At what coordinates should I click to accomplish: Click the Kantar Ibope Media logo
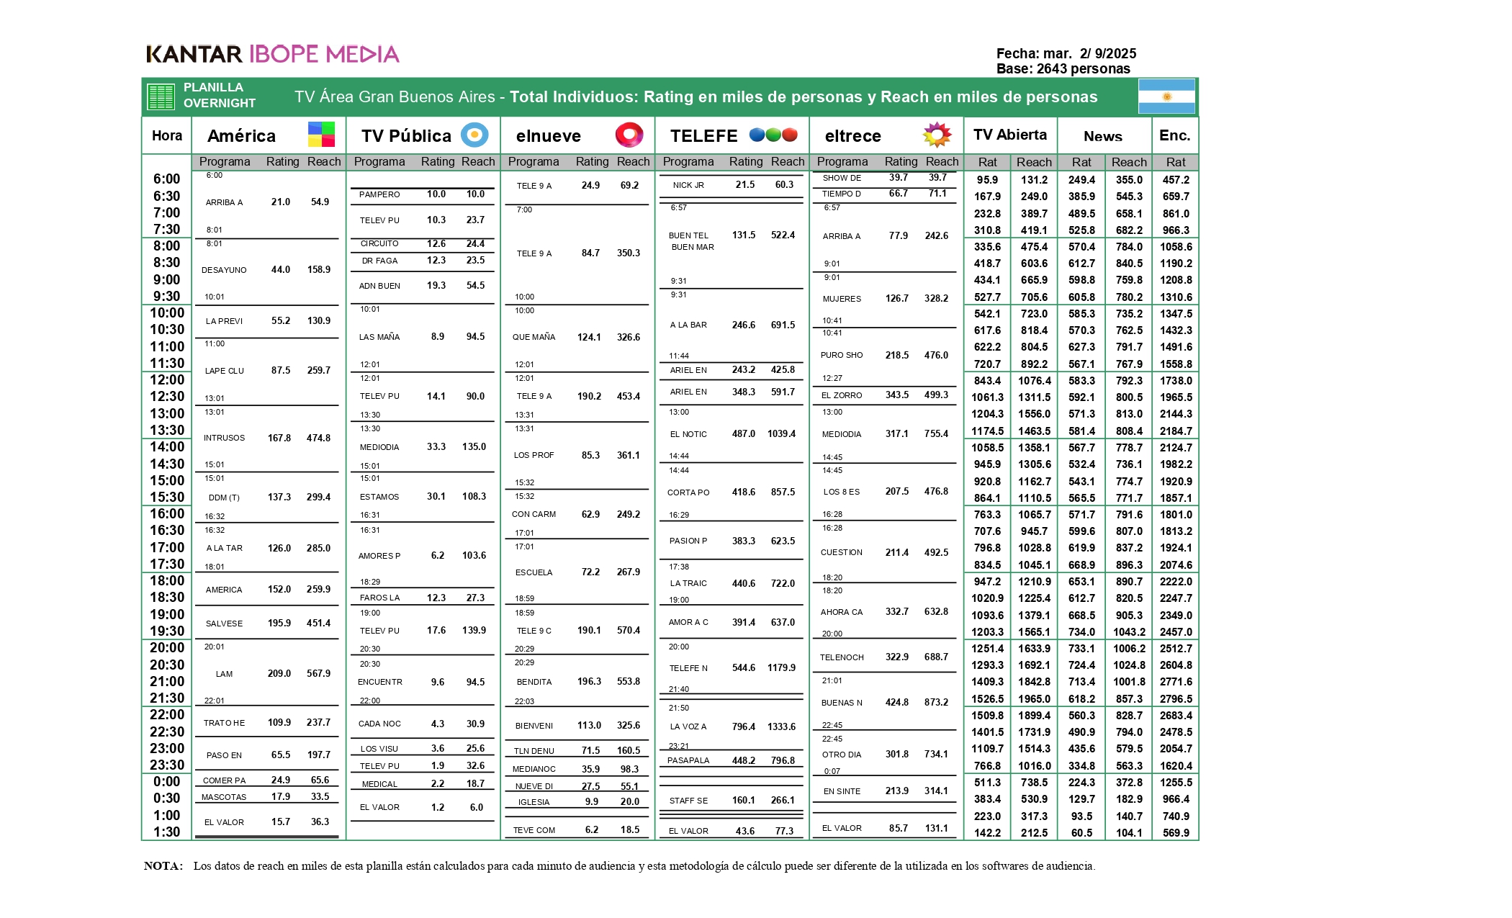tap(272, 54)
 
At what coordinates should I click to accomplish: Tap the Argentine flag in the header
tap(1166, 96)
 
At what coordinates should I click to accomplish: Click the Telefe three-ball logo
tap(773, 135)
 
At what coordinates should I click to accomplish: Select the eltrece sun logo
tap(937, 135)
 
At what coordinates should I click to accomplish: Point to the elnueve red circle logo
tap(629, 135)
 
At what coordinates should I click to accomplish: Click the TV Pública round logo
tap(474, 135)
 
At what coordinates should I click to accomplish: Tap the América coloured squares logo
tap(321, 135)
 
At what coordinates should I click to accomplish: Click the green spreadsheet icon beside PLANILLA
tap(161, 96)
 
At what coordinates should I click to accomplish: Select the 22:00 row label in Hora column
tap(167, 715)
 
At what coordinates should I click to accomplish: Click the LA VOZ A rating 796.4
tap(744, 726)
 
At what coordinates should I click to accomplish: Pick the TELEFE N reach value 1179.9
tap(781, 668)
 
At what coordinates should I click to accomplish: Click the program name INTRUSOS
tap(224, 438)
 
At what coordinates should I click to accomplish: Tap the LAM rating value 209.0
tap(279, 674)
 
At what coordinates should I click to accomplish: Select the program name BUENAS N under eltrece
tap(842, 703)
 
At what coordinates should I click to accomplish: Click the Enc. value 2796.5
tap(1176, 699)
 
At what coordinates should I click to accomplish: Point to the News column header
tap(1103, 136)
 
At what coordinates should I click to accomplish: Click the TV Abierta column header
tap(1010, 135)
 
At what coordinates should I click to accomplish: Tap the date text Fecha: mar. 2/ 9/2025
tap(1066, 53)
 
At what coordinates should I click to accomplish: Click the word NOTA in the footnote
tap(163, 866)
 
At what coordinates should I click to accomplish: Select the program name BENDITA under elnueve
tap(534, 682)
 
